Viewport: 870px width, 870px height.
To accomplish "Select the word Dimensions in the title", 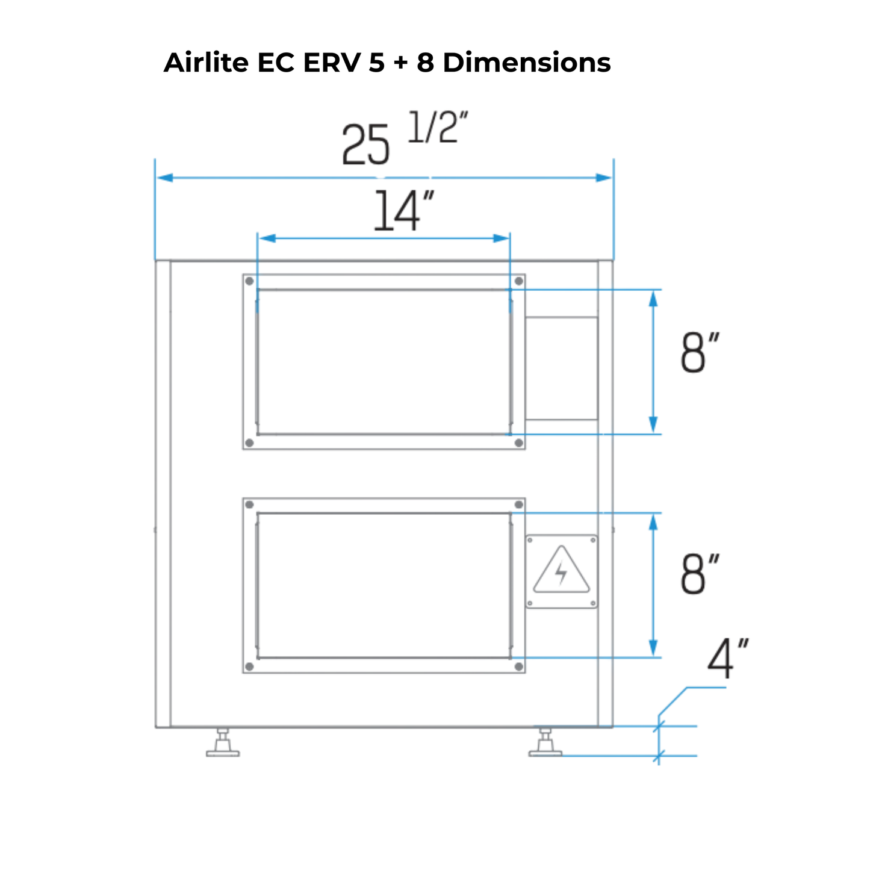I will pos(527,63).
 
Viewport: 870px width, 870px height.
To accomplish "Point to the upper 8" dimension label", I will pos(700,353).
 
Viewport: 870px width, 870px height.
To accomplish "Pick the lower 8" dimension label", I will pos(700,575).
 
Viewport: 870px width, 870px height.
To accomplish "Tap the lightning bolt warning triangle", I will pos(562,571).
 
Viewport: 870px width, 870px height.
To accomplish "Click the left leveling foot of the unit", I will pos(223,743).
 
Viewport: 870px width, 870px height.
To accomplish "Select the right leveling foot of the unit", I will pos(545,743).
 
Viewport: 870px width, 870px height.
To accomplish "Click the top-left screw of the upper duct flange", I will pos(250,281).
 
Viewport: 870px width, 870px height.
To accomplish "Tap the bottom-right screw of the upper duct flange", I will pos(518,443).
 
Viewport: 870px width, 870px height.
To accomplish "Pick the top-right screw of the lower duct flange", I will pos(518,505).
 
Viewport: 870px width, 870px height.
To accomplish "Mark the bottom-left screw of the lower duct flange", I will pos(250,666).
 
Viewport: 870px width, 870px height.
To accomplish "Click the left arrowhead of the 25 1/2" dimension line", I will pos(164,178).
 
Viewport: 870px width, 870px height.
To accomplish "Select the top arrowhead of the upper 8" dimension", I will pos(653,297).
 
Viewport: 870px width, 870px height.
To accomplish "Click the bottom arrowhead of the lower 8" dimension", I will pos(653,649).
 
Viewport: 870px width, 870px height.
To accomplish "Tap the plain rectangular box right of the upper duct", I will pos(561,368).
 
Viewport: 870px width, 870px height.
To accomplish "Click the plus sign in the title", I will pos(400,63).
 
